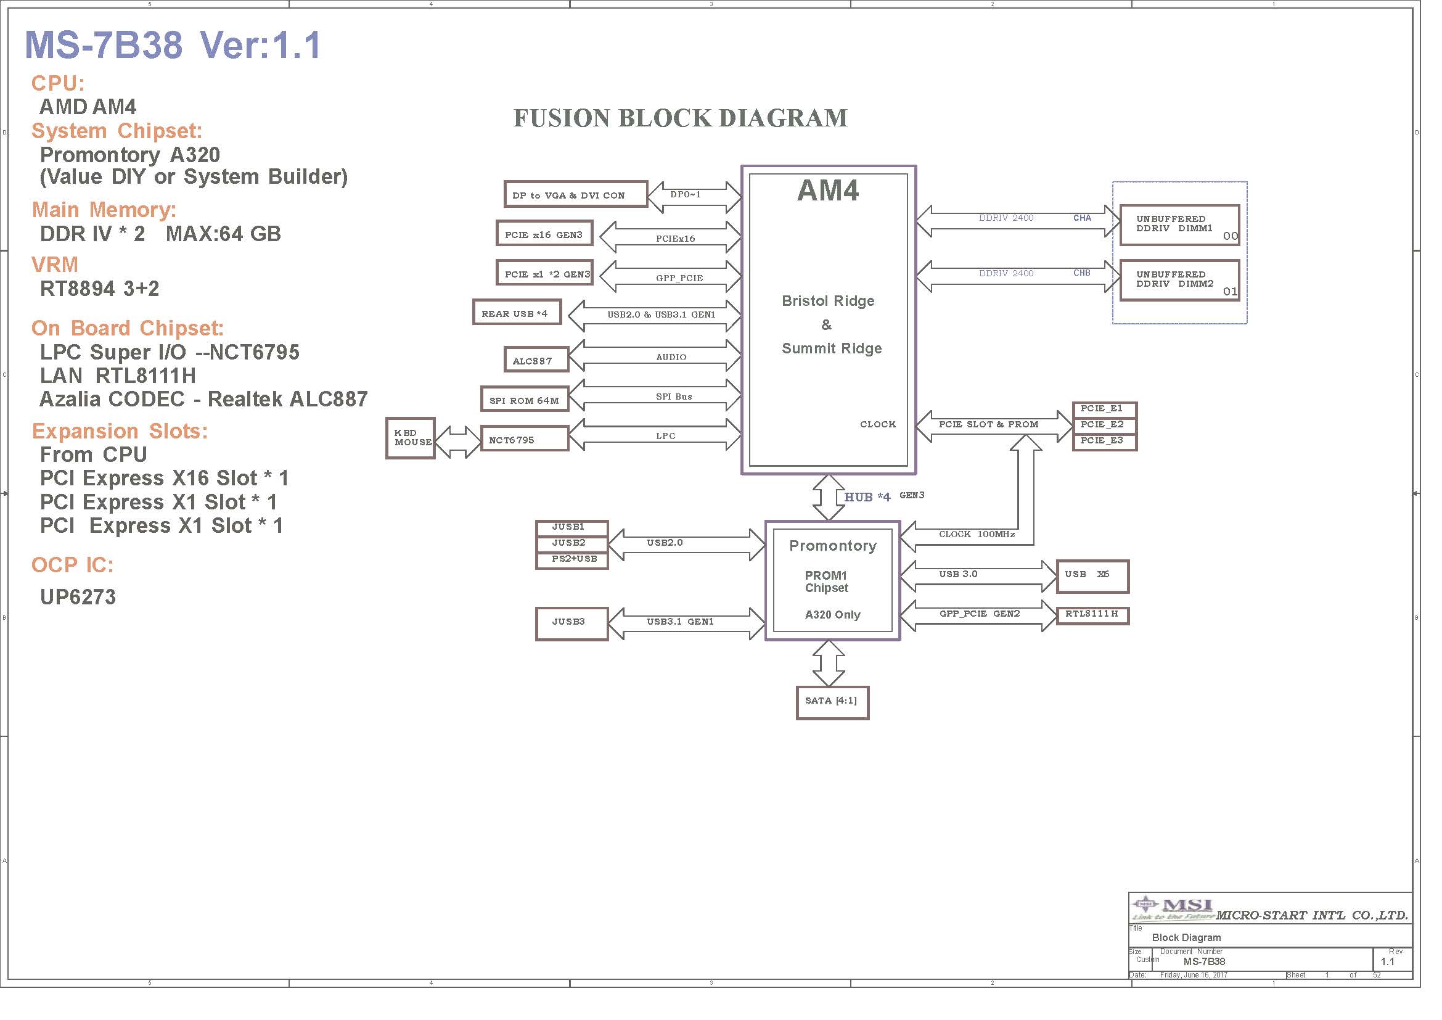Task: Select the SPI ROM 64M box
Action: click(525, 400)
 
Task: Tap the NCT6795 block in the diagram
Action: click(525, 438)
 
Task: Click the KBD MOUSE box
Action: click(411, 438)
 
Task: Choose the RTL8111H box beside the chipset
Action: click(1093, 615)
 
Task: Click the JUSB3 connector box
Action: click(571, 623)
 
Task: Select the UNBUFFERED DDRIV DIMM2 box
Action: click(1179, 280)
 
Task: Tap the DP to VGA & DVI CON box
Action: click(575, 195)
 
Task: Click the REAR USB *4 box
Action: click(517, 312)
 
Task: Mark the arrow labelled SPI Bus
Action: click(655, 397)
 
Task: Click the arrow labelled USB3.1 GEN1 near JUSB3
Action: click(687, 623)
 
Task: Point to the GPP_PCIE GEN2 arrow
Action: click(978, 615)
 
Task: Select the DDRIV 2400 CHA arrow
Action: click(1018, 221)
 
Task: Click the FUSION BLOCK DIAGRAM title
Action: click(680, 118)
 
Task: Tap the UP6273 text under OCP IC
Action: click(78, 597)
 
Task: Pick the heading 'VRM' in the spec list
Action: click(55, 265)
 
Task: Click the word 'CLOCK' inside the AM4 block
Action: click(878, 424)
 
